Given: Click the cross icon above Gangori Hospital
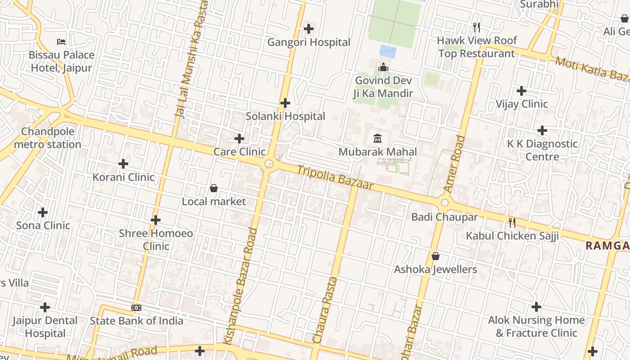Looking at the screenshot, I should [309, 29].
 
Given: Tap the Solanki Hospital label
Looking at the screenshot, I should [285, 116].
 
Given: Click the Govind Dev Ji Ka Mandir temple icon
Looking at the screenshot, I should [383, 67].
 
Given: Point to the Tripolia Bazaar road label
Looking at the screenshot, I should [335, 176].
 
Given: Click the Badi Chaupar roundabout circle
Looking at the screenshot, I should [445, 202].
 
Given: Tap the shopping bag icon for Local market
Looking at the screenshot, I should [214, 188].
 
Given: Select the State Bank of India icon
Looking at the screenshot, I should [136, 308].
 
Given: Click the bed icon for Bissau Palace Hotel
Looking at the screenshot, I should [61, 42].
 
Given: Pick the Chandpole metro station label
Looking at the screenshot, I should [47, 138].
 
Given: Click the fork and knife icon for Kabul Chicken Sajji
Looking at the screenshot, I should [512, 222].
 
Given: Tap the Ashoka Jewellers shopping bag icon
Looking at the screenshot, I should [435, 256].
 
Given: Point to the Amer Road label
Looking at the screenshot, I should [454, 164].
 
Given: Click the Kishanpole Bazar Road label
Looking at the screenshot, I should [246, 286].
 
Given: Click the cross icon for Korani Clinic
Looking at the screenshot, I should [123, 164].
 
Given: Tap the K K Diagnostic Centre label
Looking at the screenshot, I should [542, 150].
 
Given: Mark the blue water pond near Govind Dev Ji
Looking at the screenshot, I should [388, 51].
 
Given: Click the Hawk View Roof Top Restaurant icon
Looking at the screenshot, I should [477, 27].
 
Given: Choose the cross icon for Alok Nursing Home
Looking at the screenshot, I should [536, 307].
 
